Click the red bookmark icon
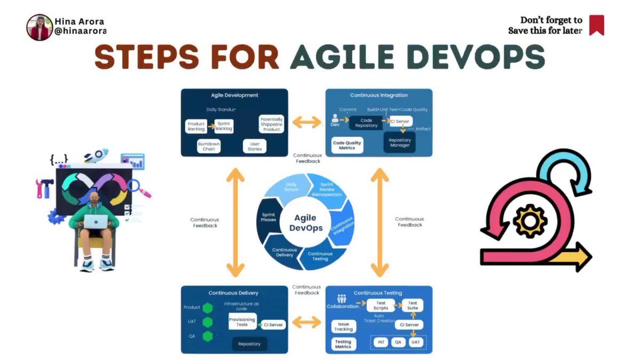pyautogui.click(x=596, y=25)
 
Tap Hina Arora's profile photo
pyautogui.click(x=39, y=27)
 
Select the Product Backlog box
pyautogui.click(x=196, y=126)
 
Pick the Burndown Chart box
pyautogui.click(x=209, y=146)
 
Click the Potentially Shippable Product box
pyautogui.click(x=271, y=124)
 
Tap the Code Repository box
pyautogui.click(x=366, y=123)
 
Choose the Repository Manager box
pyautogui.click(x=399, y=142)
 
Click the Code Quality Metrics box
pyautogui.click(x=347, y=145)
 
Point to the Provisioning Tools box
pyautogui.click(x=242, y=322)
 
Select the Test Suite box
pyautogui.click(x=412, y=306)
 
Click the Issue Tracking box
pyautogui.click(x=343, y=326)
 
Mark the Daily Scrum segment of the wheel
pyautogui.click(x=291, y=187)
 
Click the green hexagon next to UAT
pyautogui.click(x=208, y=322)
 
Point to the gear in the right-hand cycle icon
pyautogui.click(x=530, y=220)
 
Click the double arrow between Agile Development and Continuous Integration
pyautogui.click(x=307, y=123)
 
